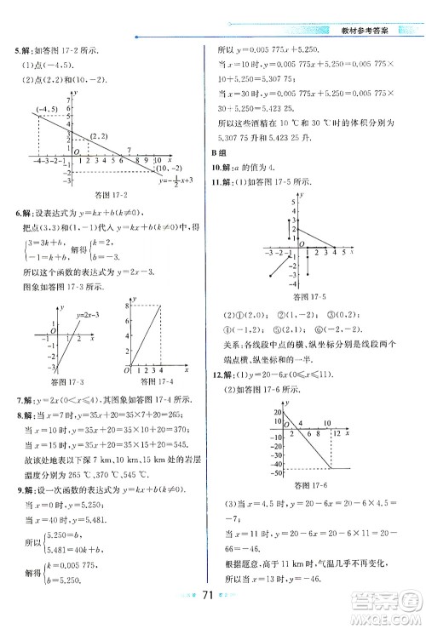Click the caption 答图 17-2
97,197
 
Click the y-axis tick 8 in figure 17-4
125,304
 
